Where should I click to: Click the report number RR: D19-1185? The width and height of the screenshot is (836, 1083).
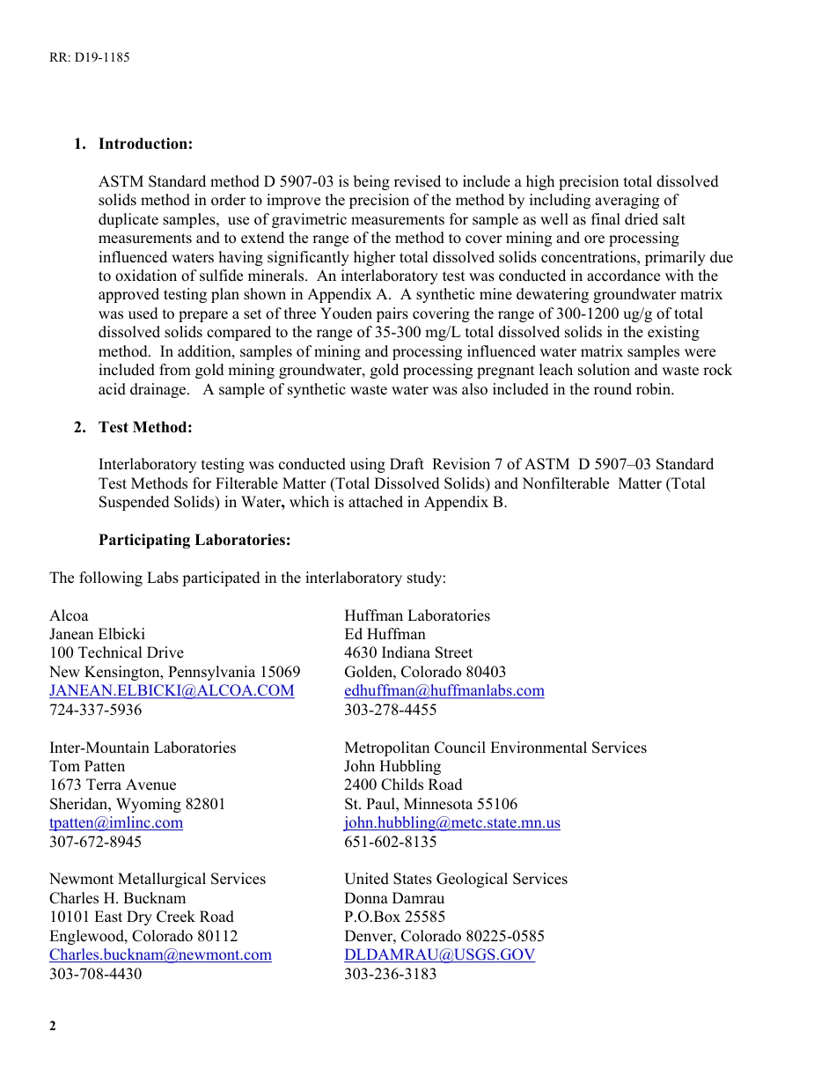click(x=89, y=57)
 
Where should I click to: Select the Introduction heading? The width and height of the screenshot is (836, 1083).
click(x=145, y=144)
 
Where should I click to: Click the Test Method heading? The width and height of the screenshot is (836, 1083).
click(x=144, y=427)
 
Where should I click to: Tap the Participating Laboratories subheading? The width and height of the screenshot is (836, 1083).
click(x=194, y=540)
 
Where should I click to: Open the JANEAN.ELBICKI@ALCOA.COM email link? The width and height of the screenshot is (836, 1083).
click(x=172, y=690)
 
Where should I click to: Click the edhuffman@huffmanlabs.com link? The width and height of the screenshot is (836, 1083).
click(x=444, y=690)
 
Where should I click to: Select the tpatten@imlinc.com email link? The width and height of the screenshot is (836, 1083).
click(x=116, y=822)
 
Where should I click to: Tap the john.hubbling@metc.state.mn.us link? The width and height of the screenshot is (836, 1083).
click(x=451, y=822)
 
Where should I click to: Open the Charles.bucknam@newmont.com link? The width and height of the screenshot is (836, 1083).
click(x=160, y=954)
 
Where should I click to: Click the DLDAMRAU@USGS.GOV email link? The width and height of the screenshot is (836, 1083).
click(x=439, y=954)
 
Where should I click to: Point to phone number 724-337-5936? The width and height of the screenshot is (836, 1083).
click(x=95, y=710)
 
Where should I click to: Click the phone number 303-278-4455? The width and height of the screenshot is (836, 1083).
click(x=390, y=710)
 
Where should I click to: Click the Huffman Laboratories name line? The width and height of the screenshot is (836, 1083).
click(x=417, y=615)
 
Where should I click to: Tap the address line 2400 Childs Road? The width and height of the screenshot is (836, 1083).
click(x=403, y=785)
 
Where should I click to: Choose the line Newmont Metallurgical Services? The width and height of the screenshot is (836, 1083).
click(x=158, y=879)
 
